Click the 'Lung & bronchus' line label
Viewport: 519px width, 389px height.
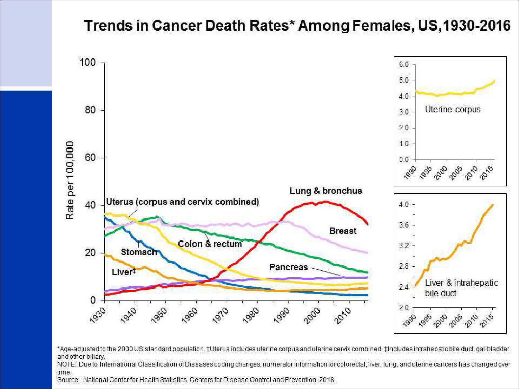click(326, 191)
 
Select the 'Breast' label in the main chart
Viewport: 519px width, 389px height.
click(343, 231)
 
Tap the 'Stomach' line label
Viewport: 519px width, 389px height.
click(139, 252)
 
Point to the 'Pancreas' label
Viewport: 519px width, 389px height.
click(289, 267)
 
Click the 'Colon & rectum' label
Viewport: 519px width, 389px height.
click(210, 244)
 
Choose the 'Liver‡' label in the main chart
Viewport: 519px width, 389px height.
click(124, 272)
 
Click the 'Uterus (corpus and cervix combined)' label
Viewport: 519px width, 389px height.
click(182, 202)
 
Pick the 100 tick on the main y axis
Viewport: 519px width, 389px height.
click(87, 63)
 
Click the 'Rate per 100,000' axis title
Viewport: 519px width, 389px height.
click(70, 180)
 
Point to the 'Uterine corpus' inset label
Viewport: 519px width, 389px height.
click(453, 109)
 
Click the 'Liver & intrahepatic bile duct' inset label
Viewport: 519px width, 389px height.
click(461, 288)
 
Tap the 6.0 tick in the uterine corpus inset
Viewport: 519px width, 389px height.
click(404, 64)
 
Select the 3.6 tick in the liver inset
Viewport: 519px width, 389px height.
click(404, 225)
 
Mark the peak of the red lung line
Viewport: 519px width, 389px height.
click(325, 202)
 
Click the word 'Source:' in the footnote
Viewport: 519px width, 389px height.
click(69, 380)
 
